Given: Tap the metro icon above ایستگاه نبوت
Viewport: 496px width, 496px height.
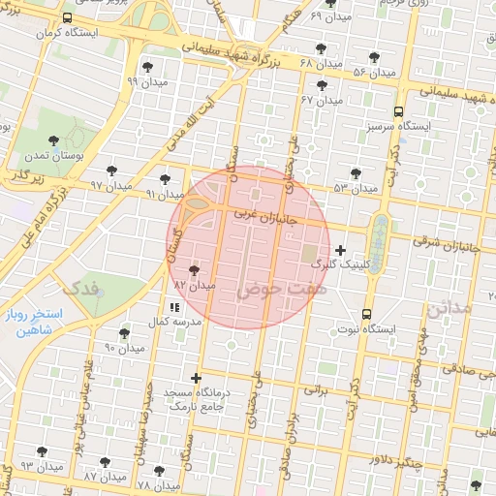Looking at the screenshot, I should click(x=366, y=314).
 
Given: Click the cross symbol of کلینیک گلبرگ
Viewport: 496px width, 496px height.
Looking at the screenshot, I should click(x=340, y=251).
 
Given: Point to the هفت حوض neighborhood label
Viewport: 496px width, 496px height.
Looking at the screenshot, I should click(x=280, y=289).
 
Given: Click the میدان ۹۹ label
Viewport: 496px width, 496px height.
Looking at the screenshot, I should click(x=145, y=81).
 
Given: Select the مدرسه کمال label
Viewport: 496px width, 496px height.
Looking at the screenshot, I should click(x=175, y=321).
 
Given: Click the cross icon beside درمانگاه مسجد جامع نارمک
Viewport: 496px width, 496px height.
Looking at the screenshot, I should click(x=197, y=378).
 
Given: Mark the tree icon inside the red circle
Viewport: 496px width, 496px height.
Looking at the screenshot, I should click(x=196, y=271).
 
